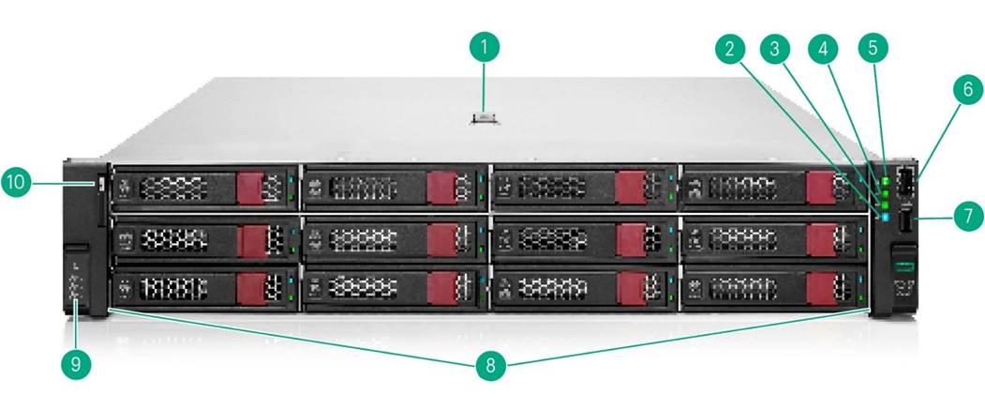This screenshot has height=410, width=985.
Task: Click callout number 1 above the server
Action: click(x=484, y=47)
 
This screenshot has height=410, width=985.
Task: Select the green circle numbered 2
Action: click(x=729, y=49)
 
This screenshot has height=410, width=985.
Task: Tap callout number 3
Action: click(x=774, y=49)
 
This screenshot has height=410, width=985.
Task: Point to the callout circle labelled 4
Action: click(x=823, y=49)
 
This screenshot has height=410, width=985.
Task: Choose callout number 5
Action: click(x=873, y=47)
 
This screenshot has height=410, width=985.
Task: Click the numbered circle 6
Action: click(x=968, y=89)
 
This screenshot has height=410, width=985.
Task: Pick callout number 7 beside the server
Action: click(x=968, y=217)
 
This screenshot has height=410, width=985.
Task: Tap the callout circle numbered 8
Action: click(x=490, y=365)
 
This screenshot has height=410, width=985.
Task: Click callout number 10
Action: click(x=16, y=182)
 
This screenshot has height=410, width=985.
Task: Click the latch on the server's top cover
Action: click(x=484, y=117)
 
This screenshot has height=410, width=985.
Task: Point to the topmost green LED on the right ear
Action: click(x=887, y=181)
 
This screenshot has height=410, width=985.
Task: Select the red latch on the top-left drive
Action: click(x=249, y=188)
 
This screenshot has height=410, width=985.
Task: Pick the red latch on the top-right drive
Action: click(x=820, y=188)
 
